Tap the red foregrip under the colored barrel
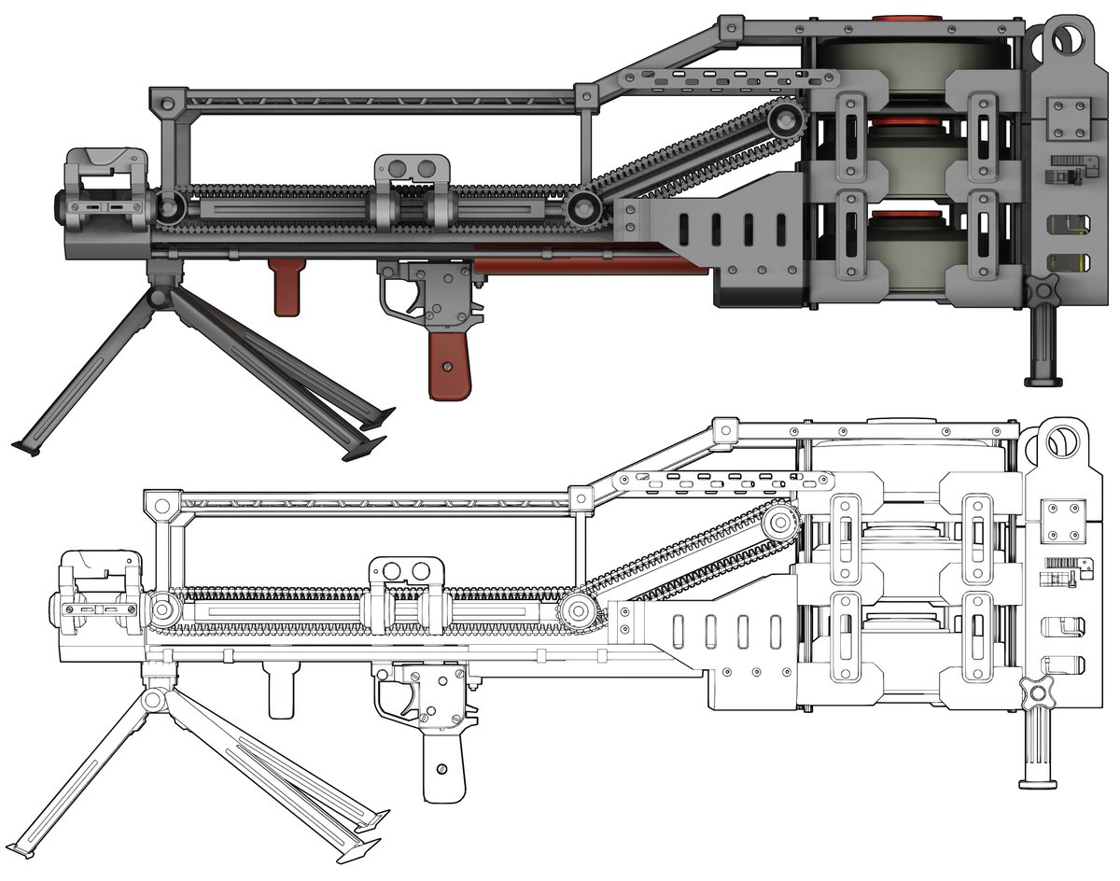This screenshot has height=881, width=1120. (285, 287)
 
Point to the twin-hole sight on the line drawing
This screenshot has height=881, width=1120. (407, 570)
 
